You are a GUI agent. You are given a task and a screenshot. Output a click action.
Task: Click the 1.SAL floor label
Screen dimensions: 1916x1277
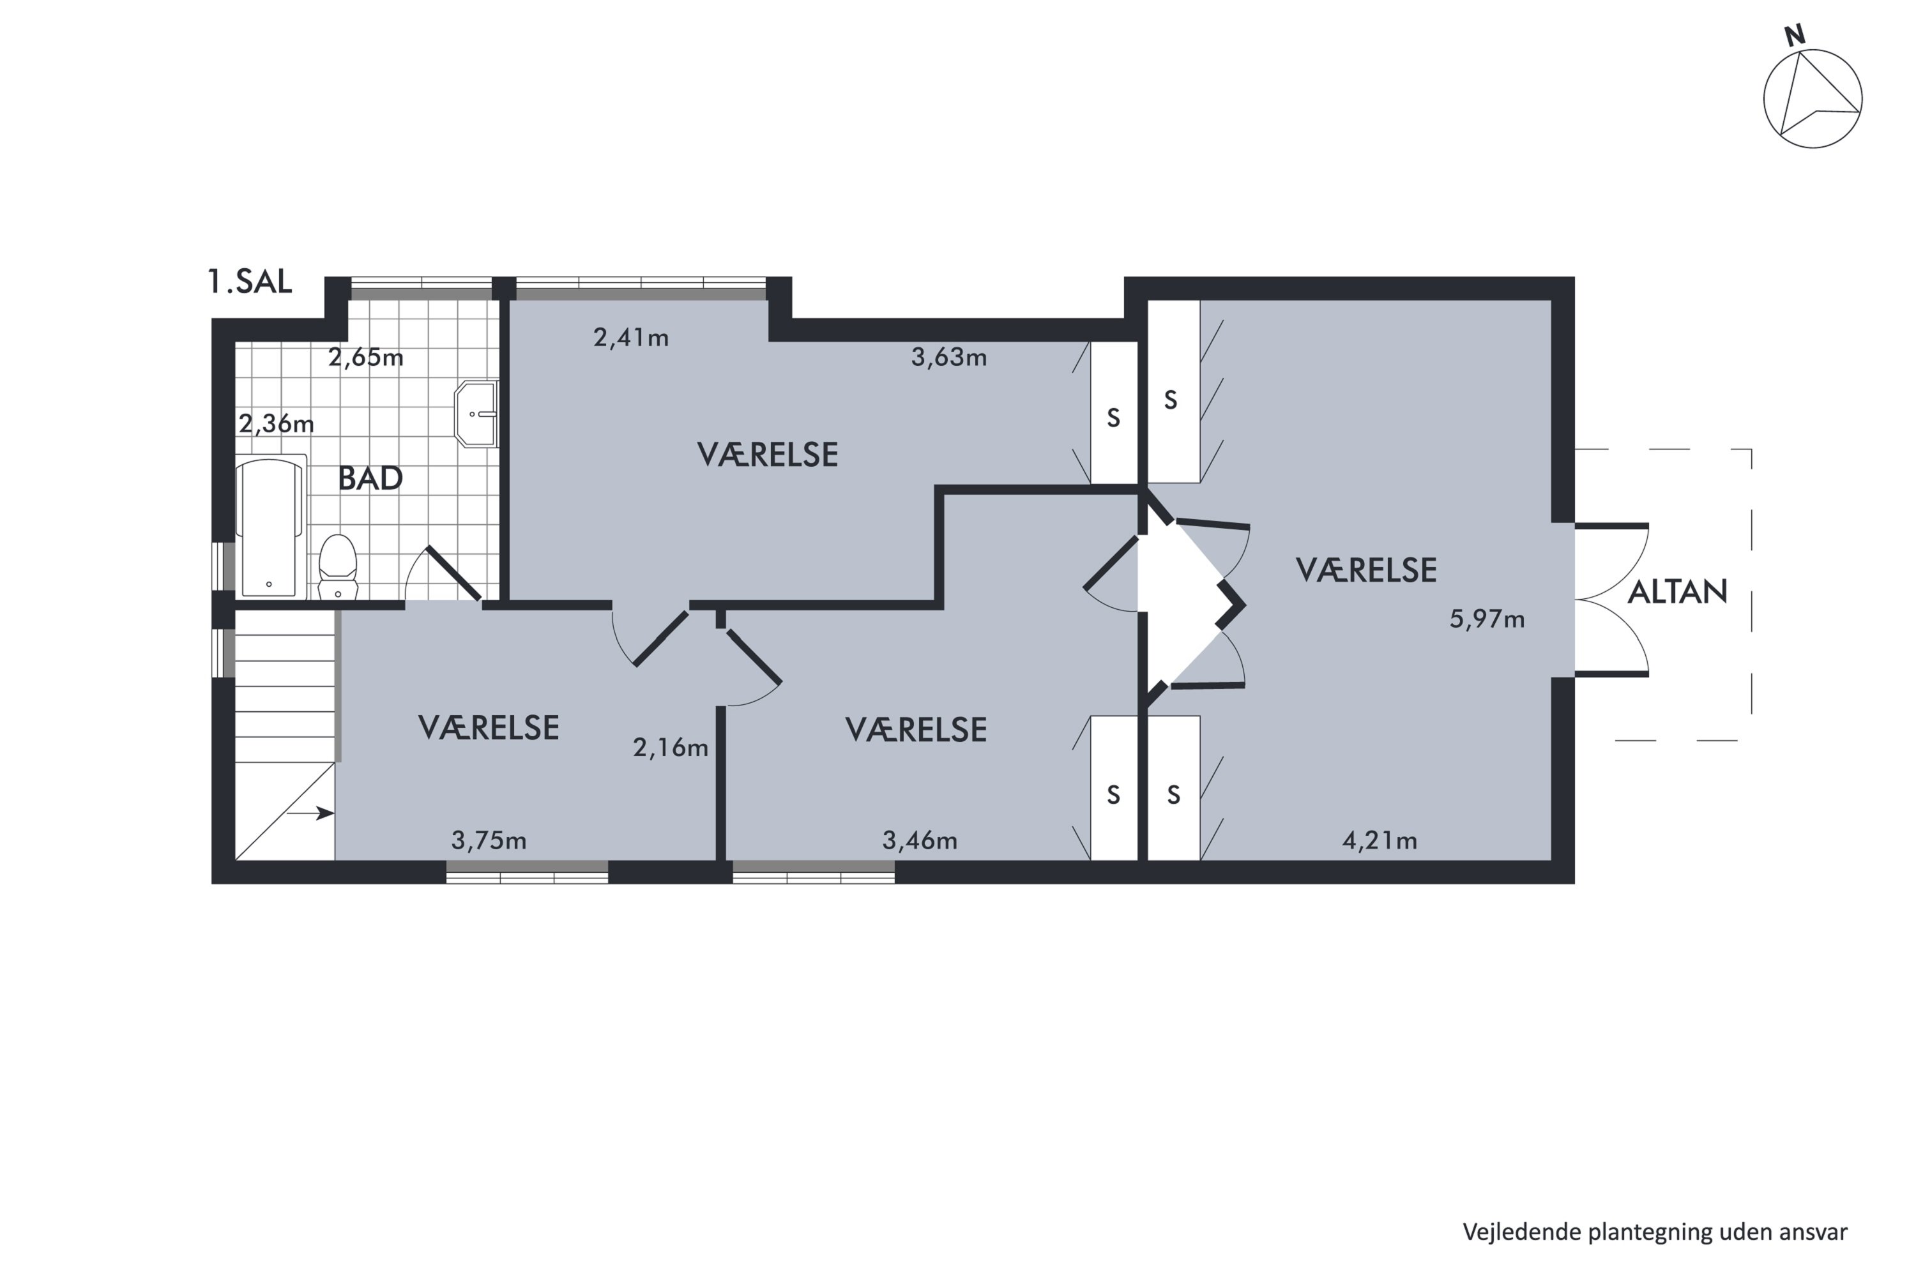tap(249, 281)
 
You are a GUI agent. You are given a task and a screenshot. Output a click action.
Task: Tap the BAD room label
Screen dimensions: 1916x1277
tap(370, 478)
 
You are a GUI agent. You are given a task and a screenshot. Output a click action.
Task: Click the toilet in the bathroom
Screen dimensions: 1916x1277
tap(338, 567)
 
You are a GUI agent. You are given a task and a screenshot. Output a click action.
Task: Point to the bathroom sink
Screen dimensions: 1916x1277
tap(476, 414)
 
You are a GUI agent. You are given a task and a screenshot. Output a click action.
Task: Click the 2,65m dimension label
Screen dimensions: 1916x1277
tap(366, 358)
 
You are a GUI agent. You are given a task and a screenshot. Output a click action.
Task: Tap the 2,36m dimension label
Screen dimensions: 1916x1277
tap(276, 423)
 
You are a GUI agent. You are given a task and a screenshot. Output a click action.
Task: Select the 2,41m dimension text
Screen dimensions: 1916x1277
tap(632, 337)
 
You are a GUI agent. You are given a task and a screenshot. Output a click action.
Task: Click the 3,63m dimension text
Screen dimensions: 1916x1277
tap(949, 357)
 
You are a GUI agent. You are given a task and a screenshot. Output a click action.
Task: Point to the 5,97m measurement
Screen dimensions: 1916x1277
tap(1487, 619)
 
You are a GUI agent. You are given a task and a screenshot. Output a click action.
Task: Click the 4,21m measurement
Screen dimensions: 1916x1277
tap(1380, 840)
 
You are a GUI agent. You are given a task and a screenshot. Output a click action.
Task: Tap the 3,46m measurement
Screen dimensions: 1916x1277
tap(920, 840)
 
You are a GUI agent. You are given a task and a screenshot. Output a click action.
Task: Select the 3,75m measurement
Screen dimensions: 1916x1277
tap(489, 840)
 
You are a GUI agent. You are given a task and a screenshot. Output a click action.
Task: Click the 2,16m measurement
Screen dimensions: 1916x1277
tap(671, 747)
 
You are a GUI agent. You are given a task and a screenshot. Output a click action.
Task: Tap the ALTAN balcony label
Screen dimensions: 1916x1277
tap(1677, 592)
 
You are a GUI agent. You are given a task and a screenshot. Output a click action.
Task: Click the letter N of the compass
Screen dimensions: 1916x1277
tap(1795, 36)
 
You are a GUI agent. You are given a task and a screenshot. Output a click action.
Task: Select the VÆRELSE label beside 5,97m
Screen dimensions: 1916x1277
tap(1366, 570)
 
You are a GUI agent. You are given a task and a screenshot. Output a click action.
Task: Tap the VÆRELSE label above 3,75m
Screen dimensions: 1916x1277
tap(489, 728)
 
